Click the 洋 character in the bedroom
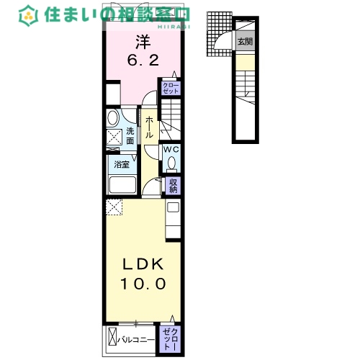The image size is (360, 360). coord(144,42)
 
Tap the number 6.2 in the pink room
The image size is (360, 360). coord(144,60)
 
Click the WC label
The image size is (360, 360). coord(171,150)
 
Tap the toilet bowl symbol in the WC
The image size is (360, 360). coord(171,163)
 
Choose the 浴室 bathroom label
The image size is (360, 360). coord(121,165)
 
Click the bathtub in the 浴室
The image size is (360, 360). coord(123,184)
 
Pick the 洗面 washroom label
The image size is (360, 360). coord(130,135)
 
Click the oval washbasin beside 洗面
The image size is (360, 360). coord(113,118)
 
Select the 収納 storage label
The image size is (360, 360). coord(174,186)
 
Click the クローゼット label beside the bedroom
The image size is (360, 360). coord(171,88)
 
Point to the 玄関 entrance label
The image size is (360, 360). coord(246,42)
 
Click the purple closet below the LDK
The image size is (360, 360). coord(171,337)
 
